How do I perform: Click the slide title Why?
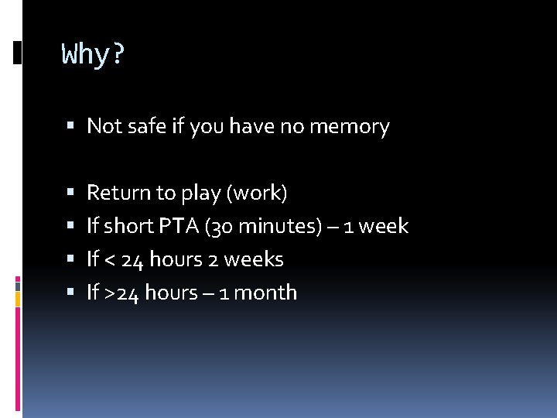93,55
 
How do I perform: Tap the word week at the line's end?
383,226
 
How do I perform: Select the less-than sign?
110,260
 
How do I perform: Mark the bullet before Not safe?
70,126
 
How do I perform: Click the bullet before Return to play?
70,193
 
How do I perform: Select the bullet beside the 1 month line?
70,293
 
